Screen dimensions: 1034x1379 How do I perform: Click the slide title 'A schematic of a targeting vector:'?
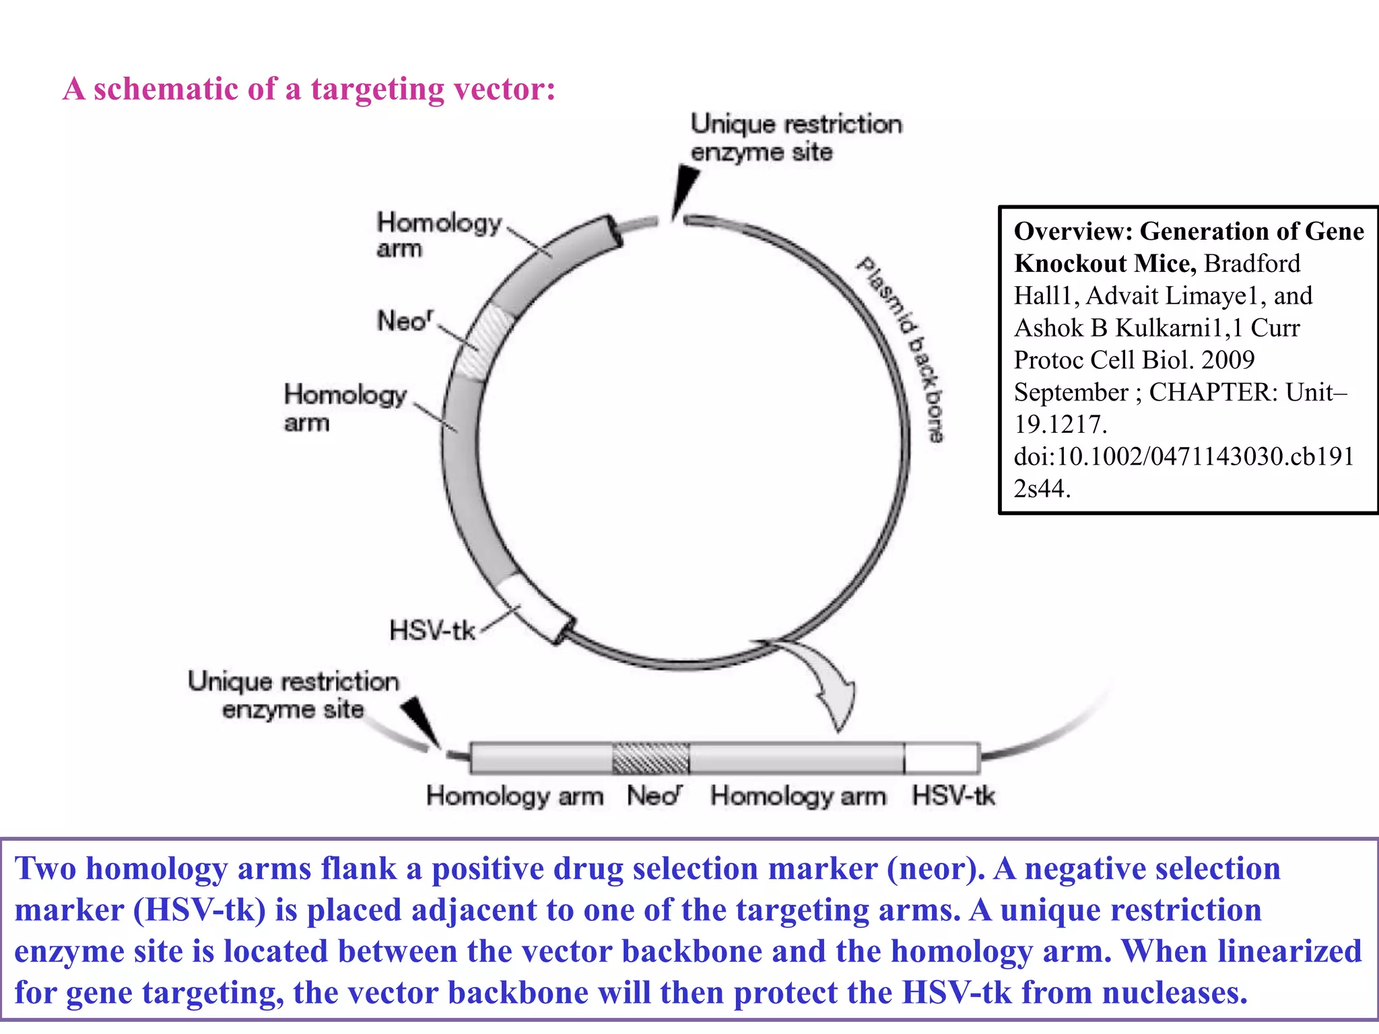[309, 89]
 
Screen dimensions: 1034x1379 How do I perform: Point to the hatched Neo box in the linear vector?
[650, 759]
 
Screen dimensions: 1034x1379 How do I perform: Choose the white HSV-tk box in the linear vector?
[941, 759]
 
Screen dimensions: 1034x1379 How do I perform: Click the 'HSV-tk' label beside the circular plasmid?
[432, 631]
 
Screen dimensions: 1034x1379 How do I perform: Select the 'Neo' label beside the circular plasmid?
[405, 321]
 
